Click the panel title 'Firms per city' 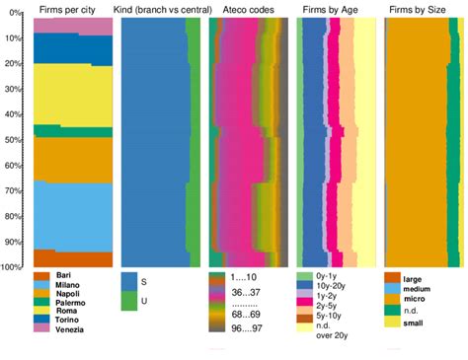61,8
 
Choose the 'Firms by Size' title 417,8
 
